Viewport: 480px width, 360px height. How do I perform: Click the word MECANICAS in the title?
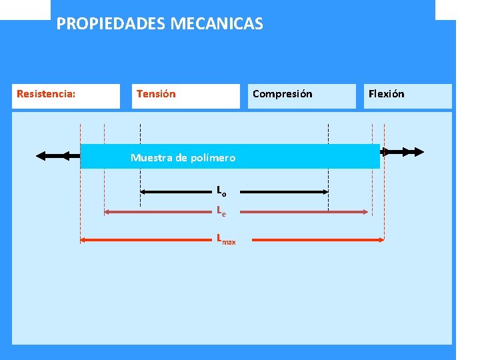pos(217,24)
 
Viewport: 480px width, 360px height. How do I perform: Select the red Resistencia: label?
pos(45,94)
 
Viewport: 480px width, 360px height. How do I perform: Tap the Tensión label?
pos(156,94)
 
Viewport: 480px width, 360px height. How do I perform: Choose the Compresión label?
pos(282,94)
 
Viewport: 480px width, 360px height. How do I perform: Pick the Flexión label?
pos(386,94)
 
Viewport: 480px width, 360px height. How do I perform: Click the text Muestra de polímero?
pos(183,158)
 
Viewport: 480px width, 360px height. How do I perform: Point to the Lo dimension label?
pos(221,191)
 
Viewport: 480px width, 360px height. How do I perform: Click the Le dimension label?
pos(221,212)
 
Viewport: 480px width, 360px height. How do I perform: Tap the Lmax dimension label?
pos(225,239)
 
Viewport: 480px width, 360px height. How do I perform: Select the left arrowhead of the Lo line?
pos(144,192)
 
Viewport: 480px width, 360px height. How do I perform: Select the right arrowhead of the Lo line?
pos(325,192)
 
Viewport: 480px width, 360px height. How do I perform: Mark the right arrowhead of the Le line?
pos(365,212)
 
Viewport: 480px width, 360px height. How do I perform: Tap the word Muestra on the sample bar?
pos(150,158)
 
